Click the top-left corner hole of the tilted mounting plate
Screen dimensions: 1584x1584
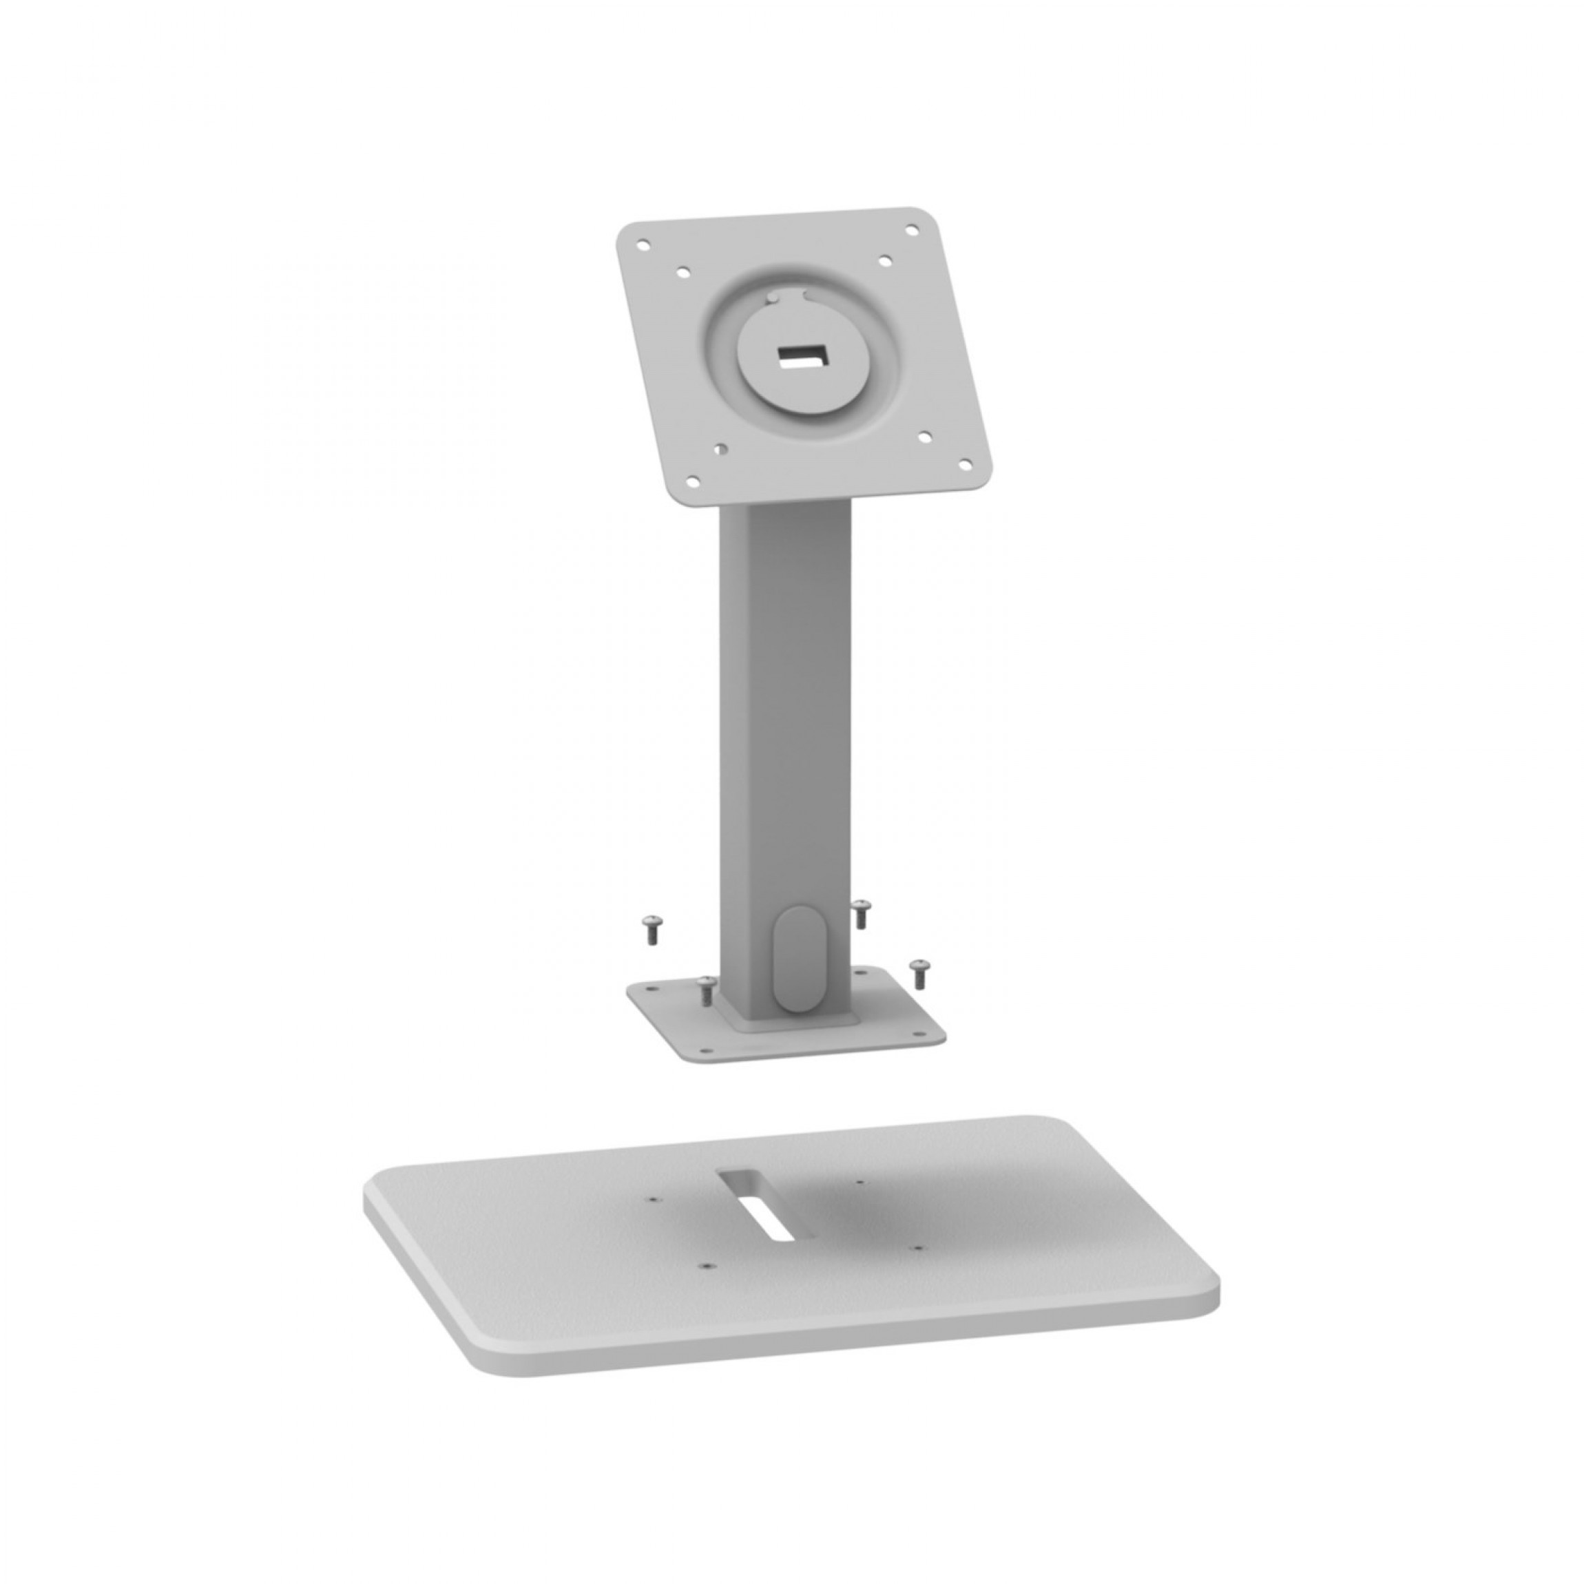644,244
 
